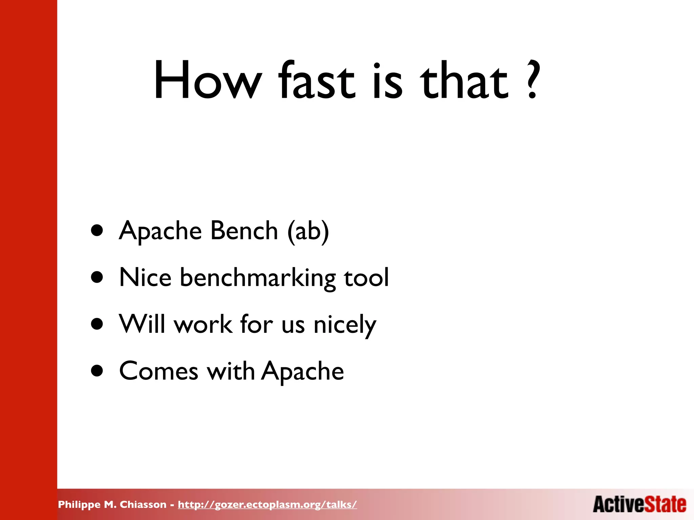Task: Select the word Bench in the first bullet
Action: [x=244, y=231]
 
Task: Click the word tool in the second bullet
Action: [x=366, y=278]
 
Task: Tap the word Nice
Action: [x=145, y=278]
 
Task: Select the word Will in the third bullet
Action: [x=142, y=324]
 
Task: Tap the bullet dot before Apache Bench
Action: [x=97, y=231]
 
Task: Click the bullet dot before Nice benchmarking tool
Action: [x=97, y=278]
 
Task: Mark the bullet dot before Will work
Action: [x=97, y=324]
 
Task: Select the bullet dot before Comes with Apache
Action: [x=97, y=371]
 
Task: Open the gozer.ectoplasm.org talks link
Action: [x=267, y=505]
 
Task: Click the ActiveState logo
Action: [x=639, y=504]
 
